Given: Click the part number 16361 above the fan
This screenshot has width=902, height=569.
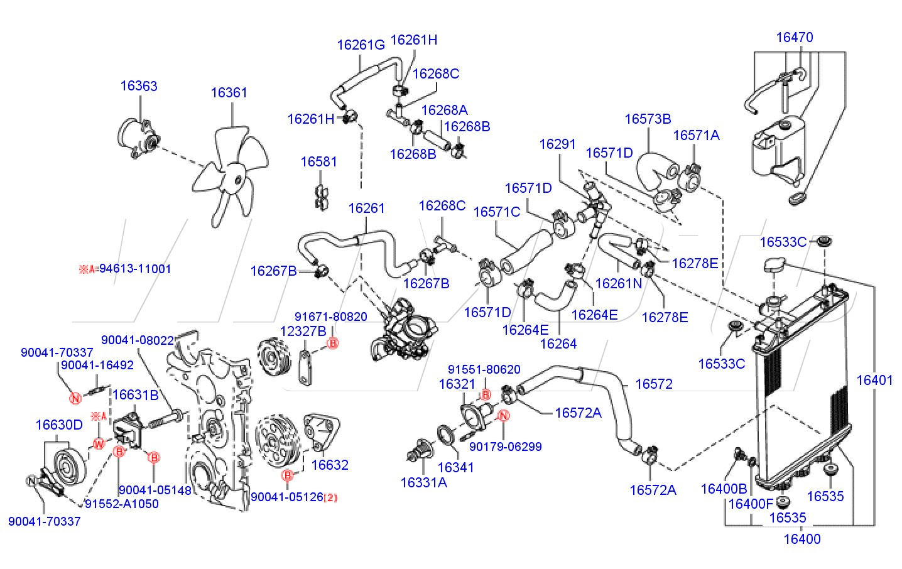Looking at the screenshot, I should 229,93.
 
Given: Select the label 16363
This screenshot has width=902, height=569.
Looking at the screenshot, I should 139,86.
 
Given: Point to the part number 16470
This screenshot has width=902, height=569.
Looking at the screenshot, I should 794,37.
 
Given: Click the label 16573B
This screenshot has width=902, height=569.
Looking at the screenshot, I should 648,119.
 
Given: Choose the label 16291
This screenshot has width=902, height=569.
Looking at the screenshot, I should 557,144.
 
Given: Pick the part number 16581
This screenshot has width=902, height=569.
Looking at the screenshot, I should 318,161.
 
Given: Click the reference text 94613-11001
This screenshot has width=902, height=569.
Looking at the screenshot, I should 135,269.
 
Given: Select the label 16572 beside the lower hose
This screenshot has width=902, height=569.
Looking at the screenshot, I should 654,384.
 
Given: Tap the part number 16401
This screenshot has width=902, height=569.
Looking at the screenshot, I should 874,380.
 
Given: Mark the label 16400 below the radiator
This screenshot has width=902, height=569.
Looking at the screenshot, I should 802,539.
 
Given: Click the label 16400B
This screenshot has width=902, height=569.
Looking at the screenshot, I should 724,489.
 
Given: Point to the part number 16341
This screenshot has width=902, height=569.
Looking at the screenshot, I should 455,467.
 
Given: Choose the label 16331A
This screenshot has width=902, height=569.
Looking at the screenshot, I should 424,482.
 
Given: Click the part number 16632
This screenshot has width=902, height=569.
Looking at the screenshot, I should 330,465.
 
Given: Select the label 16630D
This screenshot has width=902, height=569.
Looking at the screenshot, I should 59,425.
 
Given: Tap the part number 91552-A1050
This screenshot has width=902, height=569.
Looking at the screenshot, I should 121,504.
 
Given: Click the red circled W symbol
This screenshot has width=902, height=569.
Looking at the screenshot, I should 99,444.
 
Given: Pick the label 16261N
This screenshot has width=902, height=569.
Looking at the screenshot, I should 619,283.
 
